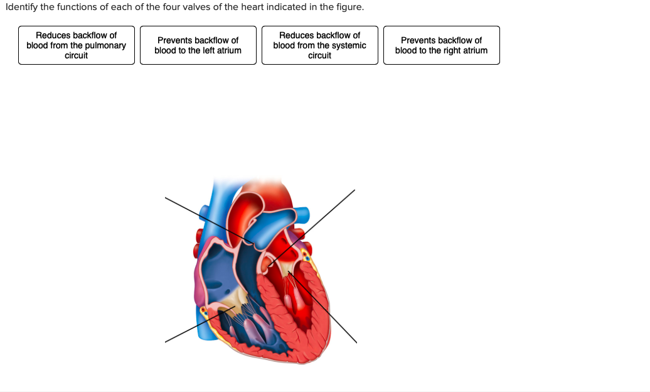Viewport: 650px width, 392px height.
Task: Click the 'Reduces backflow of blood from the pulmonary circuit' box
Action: [x=76, y=45]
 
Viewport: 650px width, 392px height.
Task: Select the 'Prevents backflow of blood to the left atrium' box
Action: [x=198, y=45]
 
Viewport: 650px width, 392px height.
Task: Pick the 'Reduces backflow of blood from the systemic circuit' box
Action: [x=319, y=45]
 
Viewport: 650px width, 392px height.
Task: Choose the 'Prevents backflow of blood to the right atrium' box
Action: [x=441, y=45]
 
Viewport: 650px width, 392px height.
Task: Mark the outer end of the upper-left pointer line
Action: [x=166, y=199]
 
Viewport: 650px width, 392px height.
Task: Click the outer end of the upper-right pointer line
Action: [x=354, y=190]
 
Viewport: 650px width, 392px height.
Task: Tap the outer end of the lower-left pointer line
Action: [x=166, y=342]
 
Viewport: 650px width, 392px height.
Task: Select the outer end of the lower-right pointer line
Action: [x=356, y=342]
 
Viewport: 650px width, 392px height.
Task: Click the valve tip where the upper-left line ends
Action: [x=251, y=243]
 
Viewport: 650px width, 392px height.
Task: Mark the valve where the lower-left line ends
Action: [x=235, y=307]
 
